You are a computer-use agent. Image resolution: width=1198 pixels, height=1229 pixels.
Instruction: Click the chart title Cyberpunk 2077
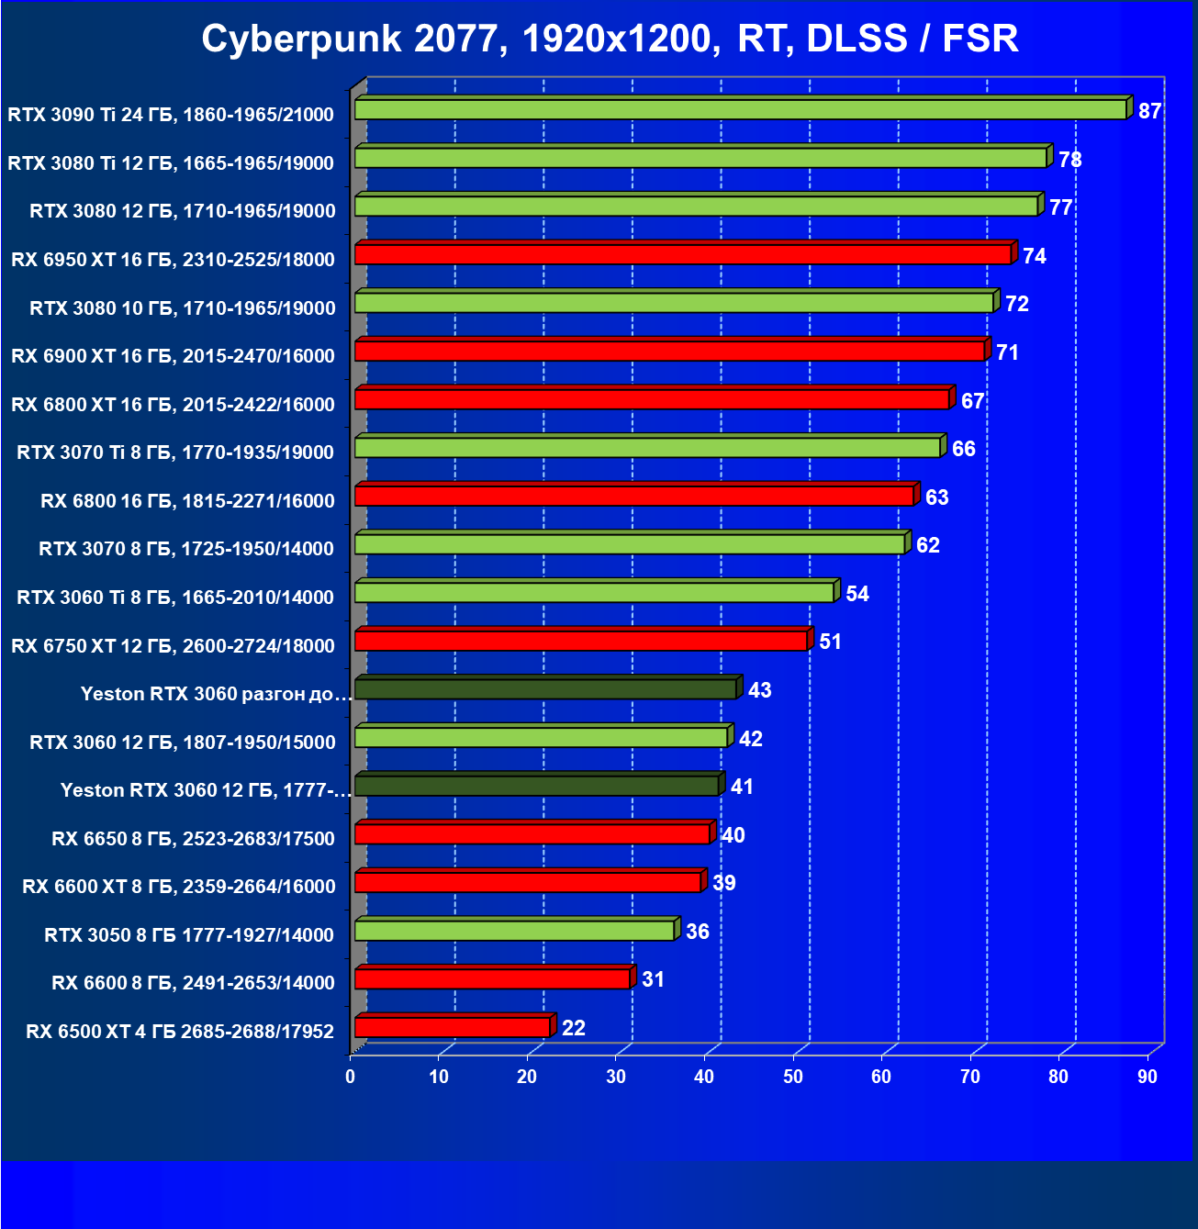click(x=610, y=39)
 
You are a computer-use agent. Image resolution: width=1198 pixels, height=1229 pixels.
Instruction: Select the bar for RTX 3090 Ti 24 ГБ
click(x=740, y=110)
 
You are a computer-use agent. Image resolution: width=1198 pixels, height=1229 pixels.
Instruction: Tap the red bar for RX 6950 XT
click(x=682, y=254)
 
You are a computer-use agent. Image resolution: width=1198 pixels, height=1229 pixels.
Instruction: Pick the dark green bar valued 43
click(x=545, y=688)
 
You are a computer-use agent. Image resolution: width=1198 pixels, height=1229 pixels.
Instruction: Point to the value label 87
click(x=1149, y=111)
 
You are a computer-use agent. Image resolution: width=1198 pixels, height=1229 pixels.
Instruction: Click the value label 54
click(x=857, y=594)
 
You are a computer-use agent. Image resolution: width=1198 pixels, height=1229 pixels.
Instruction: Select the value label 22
click(x=573, y=1028)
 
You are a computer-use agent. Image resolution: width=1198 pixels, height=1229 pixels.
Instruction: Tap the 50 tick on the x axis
click(x=793, y=1077)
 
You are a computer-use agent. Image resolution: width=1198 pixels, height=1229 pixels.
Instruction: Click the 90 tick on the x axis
click(x=1148, y=1077)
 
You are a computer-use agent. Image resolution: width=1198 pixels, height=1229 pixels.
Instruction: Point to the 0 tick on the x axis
click(x=351, y=1077)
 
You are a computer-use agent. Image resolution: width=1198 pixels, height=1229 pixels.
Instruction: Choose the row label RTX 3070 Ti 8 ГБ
click(x=174, y=452)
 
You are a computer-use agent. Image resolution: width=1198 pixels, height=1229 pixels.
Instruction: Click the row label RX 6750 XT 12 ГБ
click(x=173, y=645)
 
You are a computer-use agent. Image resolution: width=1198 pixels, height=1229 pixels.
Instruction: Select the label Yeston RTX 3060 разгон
click(x=216, y=694)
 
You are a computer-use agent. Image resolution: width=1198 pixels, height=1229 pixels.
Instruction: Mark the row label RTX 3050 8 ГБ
click(x=188, y=934)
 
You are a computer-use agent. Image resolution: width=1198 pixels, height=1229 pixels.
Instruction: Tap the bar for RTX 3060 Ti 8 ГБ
click(x=594, y=592)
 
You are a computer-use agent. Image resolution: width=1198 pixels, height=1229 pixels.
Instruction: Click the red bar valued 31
click(x=492, y=978)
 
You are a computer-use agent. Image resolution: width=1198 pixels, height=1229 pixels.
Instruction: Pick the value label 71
click(x=1007, y=352)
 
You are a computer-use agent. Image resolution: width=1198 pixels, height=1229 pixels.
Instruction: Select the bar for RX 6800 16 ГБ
click(x=634, y=496)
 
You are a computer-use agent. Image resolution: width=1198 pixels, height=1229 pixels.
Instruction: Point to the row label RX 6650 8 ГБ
click(x=193, y=838)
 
